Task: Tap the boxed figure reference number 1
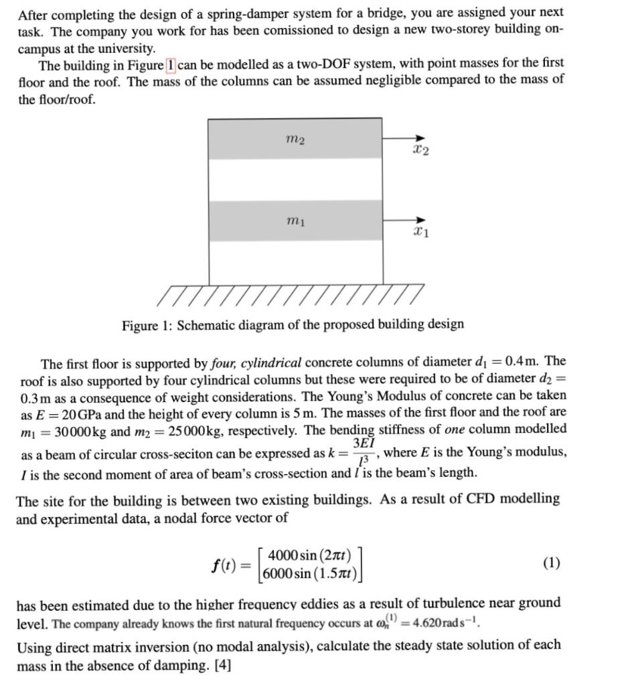[171, 65]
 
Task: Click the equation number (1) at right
[551, 563]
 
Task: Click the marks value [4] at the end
[220, 666]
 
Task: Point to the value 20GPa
[81, 413]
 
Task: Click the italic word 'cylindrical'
[268, 364]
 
